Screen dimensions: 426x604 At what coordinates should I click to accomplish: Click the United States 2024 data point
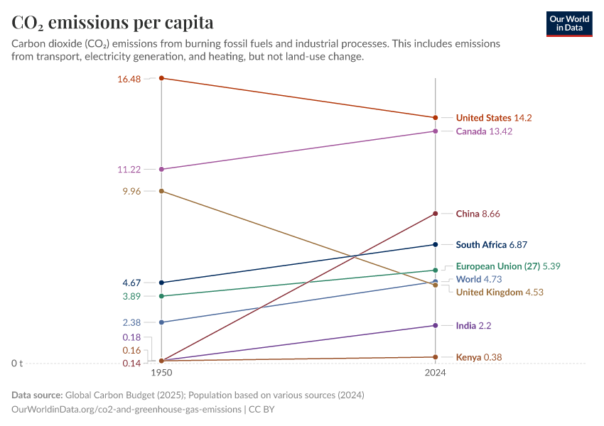coord(436,118)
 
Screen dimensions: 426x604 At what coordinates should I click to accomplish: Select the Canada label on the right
coord(484,131)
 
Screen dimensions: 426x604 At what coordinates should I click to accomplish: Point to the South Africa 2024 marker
coord(436,245)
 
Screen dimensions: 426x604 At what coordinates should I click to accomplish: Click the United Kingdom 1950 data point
coord(161,191)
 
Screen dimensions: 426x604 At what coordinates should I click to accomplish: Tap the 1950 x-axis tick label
coord(161,373)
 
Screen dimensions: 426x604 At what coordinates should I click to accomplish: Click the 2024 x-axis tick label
coord(436,373)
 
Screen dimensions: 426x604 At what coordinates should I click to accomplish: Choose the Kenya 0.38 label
coord(478,357)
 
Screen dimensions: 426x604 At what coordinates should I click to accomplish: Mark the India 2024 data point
coord(436,326)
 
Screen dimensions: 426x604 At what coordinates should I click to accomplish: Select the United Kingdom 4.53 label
coord(500,293)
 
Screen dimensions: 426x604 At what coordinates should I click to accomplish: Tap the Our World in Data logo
coord(569,23)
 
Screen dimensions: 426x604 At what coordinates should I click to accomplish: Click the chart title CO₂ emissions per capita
coord(112,23)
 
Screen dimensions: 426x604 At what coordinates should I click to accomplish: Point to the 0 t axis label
coord(17,364)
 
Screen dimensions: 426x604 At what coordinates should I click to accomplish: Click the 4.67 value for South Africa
coord(131,283)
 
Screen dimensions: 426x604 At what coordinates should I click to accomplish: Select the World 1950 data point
coord(161,322)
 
